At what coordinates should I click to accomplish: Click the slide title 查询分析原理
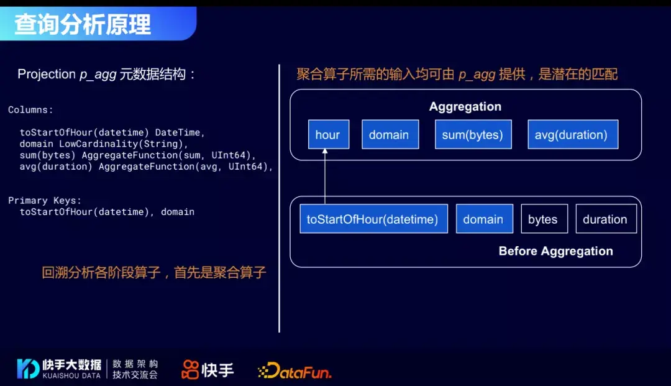click(83, 24)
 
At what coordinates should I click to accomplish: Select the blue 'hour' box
click(328, 135)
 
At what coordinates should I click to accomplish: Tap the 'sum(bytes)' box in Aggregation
click(472, 135)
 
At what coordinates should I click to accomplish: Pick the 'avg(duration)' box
click(572, 135)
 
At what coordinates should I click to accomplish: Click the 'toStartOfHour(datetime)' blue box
click(373, 219)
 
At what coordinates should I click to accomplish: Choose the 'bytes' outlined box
click(544, 219)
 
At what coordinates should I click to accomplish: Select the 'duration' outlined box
click(605, 219)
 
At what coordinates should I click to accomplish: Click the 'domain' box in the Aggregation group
click(390, 135)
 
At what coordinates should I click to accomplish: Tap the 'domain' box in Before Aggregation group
click(484, 219)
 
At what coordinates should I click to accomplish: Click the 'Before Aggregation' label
click(555, 251)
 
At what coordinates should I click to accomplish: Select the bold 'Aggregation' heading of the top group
click(465, 107)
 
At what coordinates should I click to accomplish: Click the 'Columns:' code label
click(30, 110)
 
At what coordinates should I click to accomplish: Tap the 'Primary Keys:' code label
click(45, 201)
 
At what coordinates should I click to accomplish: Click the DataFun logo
click(294, 371)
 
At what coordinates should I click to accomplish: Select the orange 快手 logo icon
click(189, 370)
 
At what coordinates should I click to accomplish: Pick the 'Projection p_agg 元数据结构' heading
click(106, 75)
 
